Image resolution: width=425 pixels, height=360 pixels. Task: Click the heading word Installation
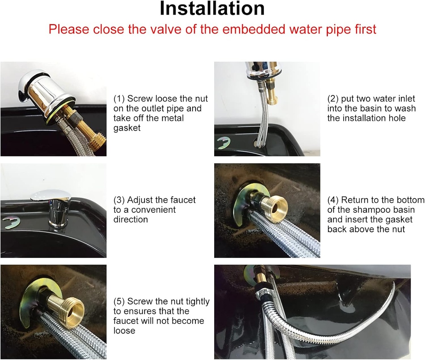[x=212, y=9]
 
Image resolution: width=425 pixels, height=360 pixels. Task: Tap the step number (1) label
[x=119, y=99]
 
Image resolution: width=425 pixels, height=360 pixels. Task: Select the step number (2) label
[x=333, y=99]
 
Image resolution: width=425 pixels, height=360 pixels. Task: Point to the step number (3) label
[x=119, y=200]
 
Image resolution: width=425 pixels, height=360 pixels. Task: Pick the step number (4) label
[x=333, y=200]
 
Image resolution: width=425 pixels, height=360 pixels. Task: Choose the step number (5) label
[x=119, y=301]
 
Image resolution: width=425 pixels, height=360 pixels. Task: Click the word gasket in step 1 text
[x=127, y=128]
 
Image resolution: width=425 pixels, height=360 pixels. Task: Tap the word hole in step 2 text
[x=396, y=118]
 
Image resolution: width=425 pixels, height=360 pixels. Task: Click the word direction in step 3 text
[x=131, y=219]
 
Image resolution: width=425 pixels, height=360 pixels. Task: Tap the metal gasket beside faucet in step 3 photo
[x=10, y=221]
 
